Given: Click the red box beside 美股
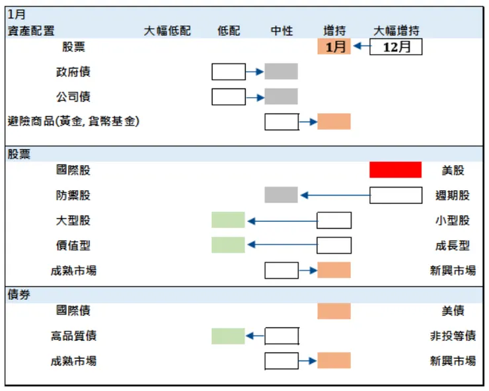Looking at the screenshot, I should click(x=395, y=170).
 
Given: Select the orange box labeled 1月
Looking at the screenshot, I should click(x=334, y=47).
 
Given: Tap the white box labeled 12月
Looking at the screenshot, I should click(x=396, y=47).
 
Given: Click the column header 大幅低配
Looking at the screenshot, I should click(x=167, y=31).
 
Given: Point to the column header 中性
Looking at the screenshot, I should click(x=282, y=31).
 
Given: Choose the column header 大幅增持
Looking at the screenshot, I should click(x=396, y=31).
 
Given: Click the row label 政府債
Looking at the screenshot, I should click(x=73, y=72).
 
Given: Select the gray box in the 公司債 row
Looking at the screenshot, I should click(x=282, y=96).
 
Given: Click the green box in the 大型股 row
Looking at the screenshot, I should click(x=228, y=220).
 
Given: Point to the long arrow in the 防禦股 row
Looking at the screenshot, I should click(x=334, y=196).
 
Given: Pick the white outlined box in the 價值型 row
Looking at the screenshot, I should click(x=334, y=245).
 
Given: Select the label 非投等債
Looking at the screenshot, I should click(x=453, y=336).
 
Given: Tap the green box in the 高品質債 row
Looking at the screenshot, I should click(x=228, y=336).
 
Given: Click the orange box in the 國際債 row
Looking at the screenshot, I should click(x=334, y=311).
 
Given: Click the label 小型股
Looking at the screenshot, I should click(x=453, y=221).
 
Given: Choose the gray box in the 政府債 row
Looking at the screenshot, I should click(x=282, y=71).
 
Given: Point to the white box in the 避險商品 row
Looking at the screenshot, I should click(x=282, y=122).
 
